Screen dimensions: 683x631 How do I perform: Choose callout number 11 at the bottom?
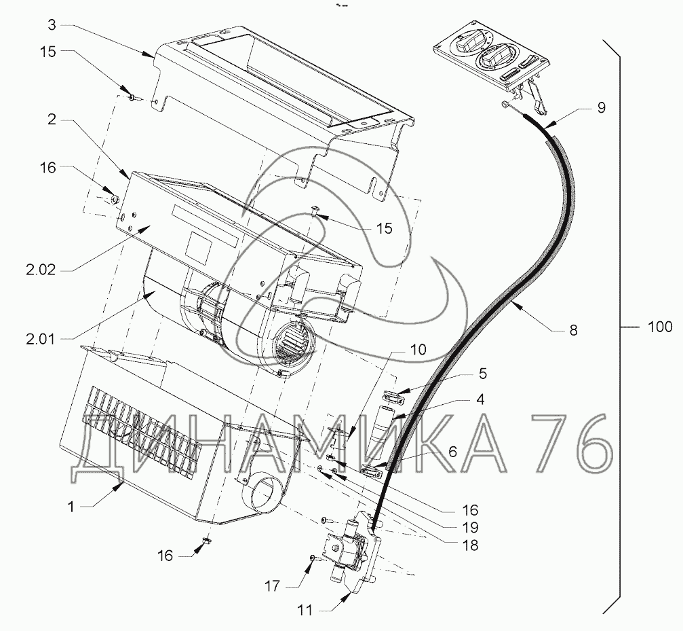coord(306,609)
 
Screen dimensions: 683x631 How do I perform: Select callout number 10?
coord(418,350)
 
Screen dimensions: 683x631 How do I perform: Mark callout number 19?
coord(469,526)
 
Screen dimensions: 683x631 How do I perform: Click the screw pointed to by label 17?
coord(312,558)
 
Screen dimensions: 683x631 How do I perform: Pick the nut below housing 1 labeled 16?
coord(204,541)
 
